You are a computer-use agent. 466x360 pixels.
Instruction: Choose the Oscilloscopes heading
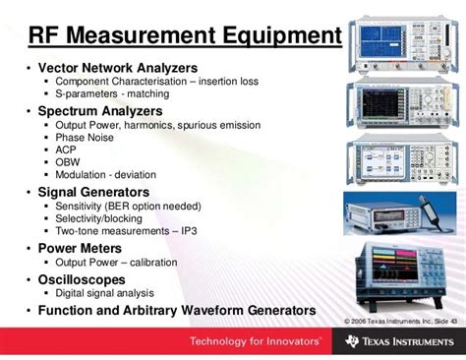click(87, 279)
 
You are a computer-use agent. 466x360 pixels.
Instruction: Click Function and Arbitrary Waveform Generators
click(176, 310)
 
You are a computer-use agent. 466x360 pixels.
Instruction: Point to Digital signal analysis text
click(105, 293)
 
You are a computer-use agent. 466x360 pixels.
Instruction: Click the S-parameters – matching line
click(112, 93)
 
